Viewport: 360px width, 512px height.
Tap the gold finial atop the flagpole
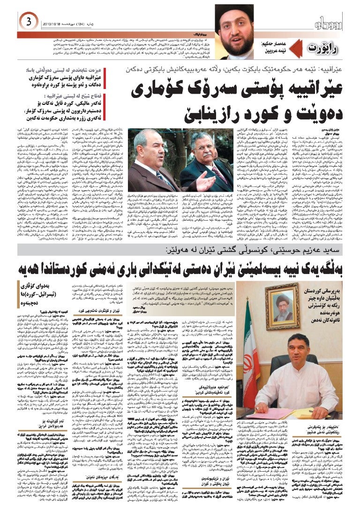247,294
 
